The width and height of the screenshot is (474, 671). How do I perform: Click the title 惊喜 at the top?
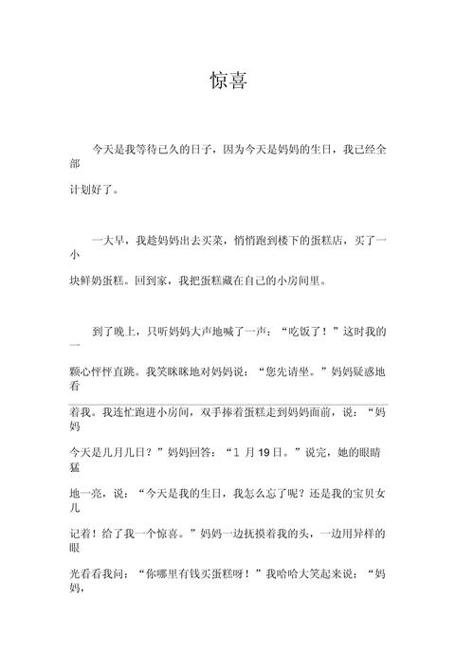(228, 82)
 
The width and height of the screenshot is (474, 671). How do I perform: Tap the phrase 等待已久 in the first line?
(168, 150)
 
